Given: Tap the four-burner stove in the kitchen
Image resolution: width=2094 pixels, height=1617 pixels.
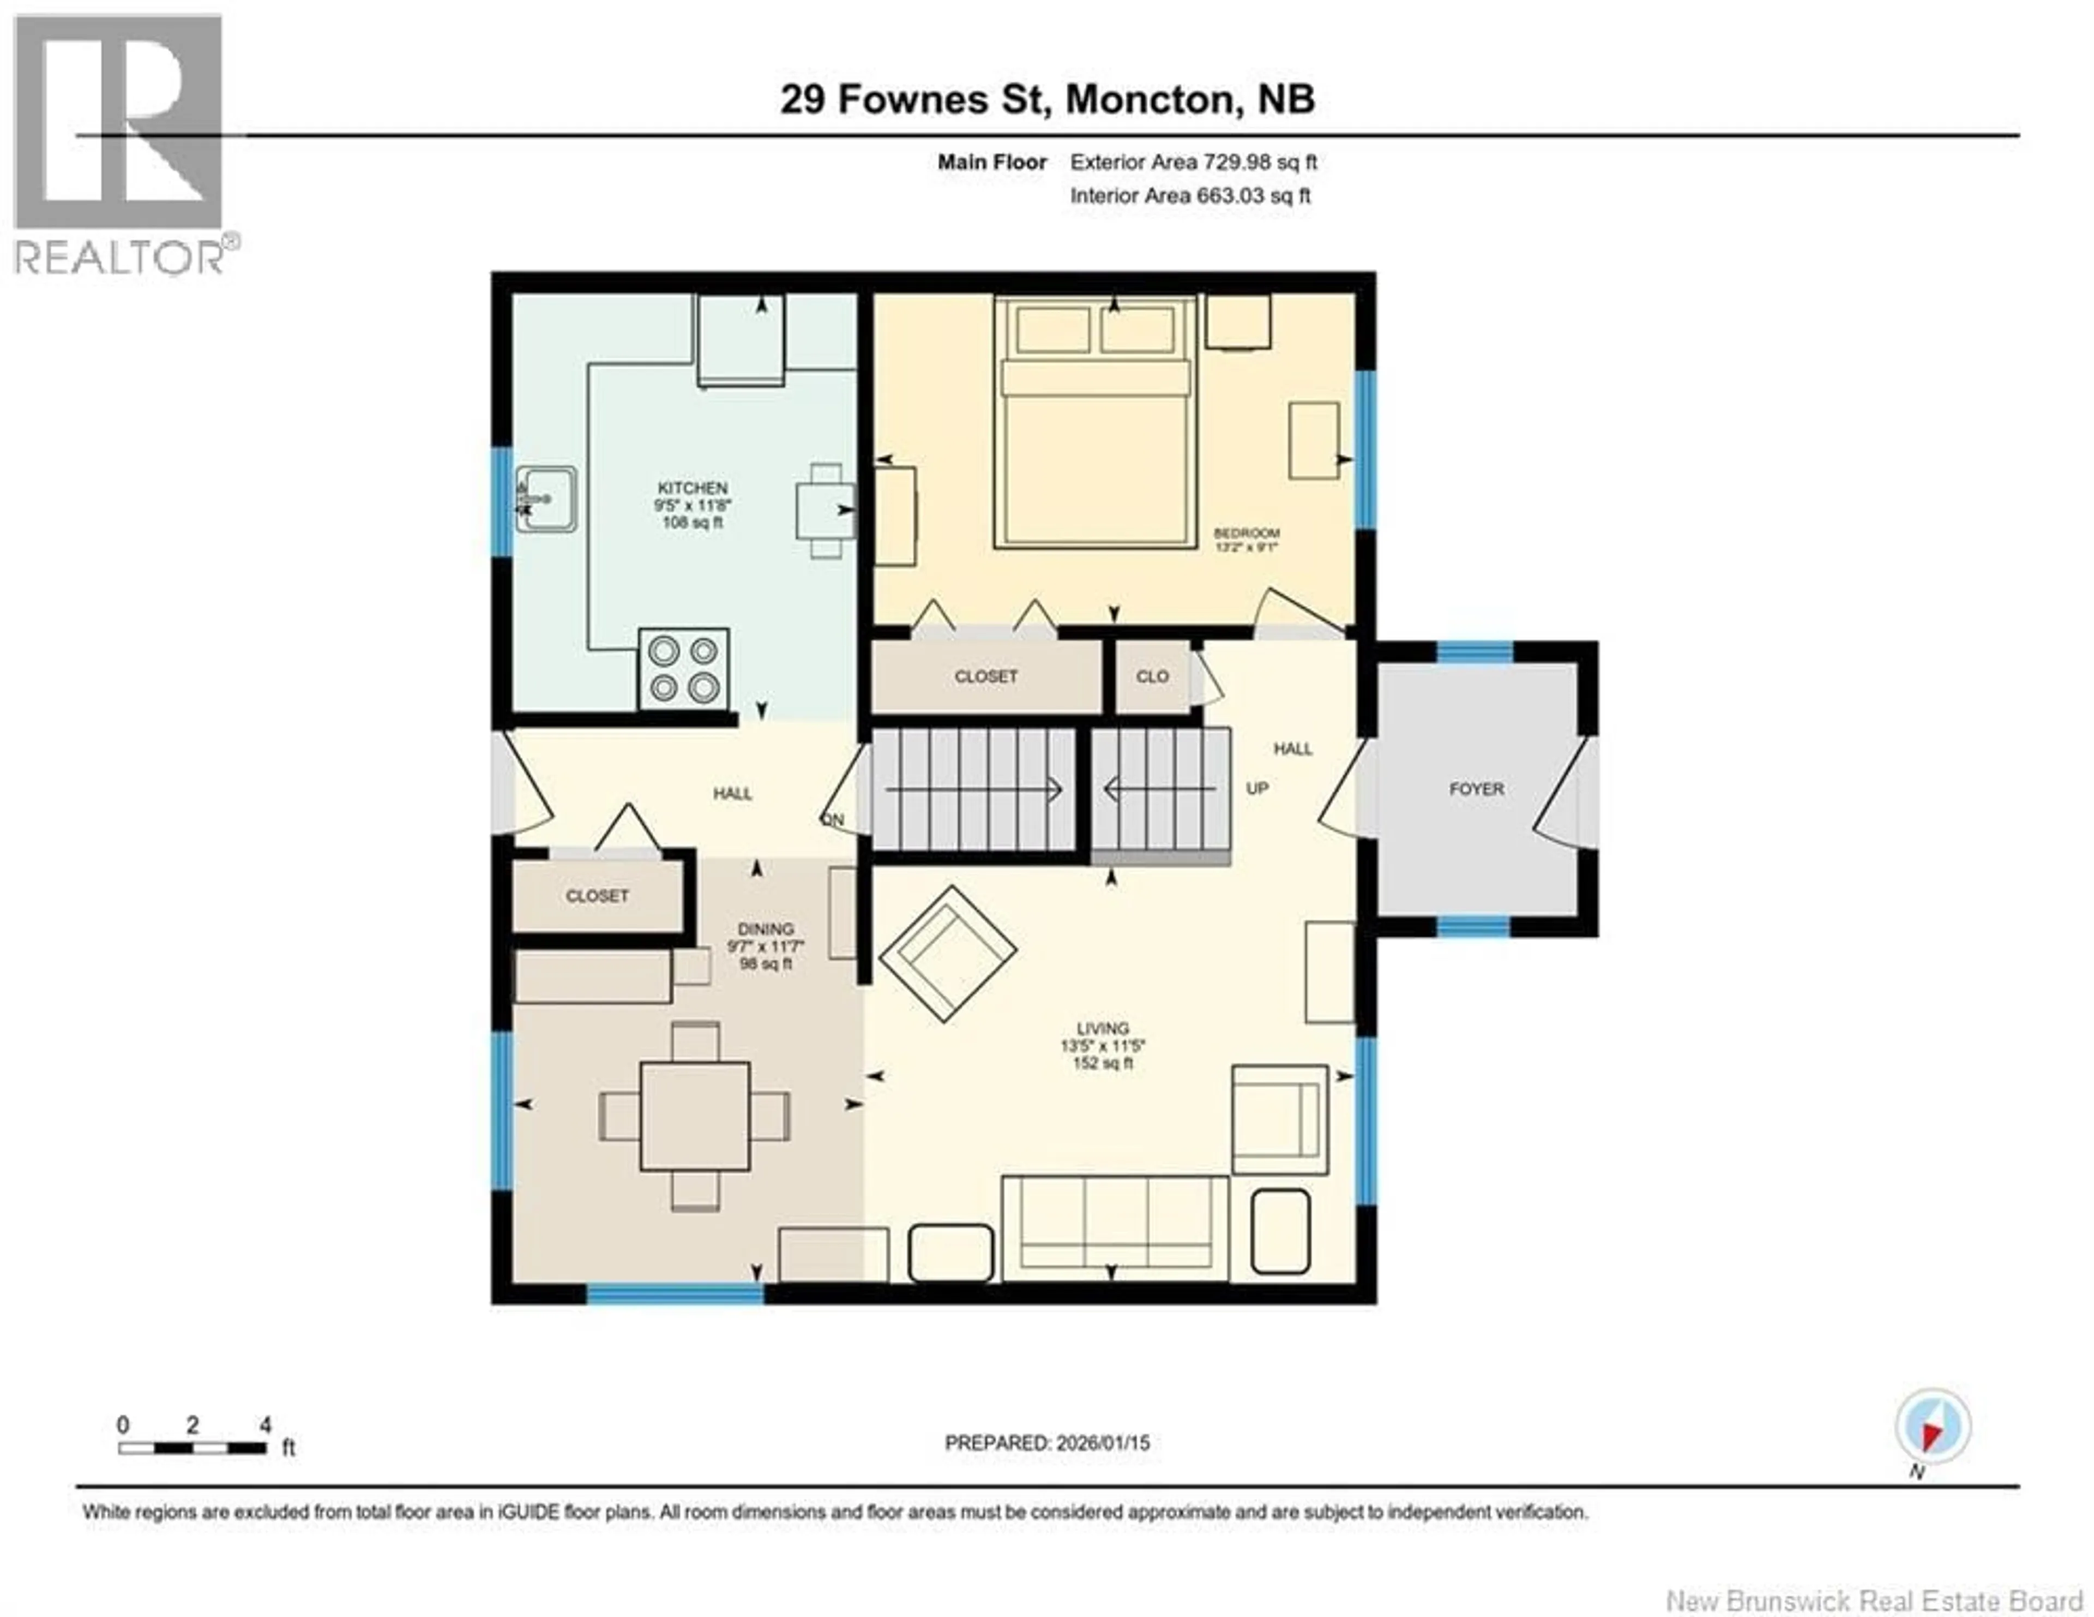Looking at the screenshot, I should point(684,668).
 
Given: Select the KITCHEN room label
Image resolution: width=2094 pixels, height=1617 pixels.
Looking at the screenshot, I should point(692,488).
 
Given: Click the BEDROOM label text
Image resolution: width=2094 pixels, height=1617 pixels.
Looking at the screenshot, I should point(1247,533).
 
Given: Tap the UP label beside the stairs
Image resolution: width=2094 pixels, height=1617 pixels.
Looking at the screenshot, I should point(1257,788).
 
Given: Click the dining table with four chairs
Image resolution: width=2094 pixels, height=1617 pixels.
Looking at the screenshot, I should point(695,1116).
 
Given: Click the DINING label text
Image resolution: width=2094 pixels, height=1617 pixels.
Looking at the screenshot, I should point(765,930).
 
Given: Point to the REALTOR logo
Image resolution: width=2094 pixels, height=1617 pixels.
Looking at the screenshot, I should point(120,144).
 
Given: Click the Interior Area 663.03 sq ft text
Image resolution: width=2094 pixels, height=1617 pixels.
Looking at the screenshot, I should point(1190,196).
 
